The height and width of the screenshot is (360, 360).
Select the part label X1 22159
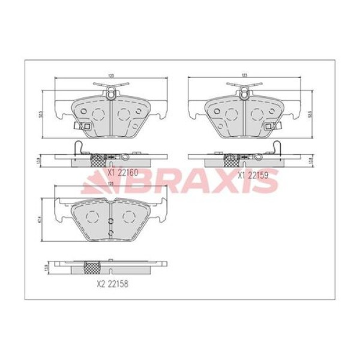click(253, 175)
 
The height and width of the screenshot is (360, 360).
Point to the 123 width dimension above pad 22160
click(112, 75)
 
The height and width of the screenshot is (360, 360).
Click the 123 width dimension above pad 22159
click(244, 75)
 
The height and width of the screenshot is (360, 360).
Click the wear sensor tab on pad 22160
click(80, 126)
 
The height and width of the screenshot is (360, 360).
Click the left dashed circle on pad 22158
click(93, 217)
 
